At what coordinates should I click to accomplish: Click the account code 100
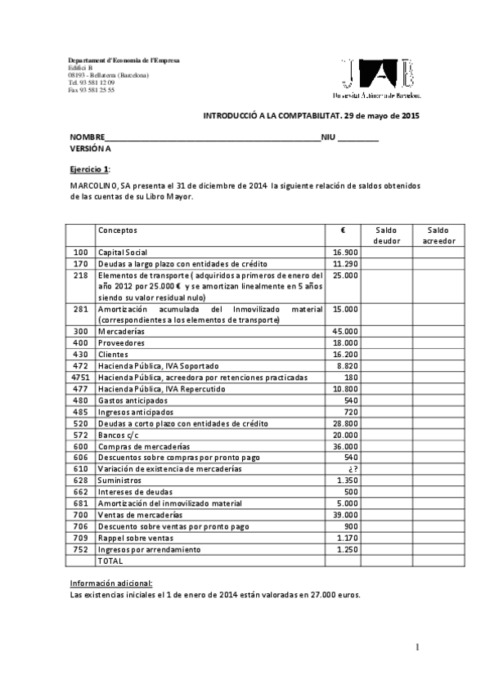pyautogui.click(x=80, y=253)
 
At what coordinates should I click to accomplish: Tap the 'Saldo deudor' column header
pyautogui.click(x=386, y=236)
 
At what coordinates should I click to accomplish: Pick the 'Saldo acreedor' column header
pyautogui.click(x=438, y=236)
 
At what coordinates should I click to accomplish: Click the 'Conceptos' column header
pyautogui.click(x=118, y=231)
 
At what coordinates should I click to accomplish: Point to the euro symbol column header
pyautogui.click(x=342, y=231)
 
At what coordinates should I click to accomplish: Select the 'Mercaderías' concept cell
pyautogui.click(x=121, y=333)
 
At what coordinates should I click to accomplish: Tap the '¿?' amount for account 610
pyautogui.click(x=352, y=470)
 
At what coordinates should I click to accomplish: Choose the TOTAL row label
pyautogui.click(x=110, y=561)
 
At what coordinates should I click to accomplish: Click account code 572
pyautogui.click(x=80, y=436)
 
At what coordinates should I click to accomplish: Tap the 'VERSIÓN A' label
pyautogui.click(x=90, y=149)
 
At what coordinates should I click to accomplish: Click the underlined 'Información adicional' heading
pyautogui.click(x=111, y=583)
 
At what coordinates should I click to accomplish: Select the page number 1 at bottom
pyautogui.click(x=417, y=648)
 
